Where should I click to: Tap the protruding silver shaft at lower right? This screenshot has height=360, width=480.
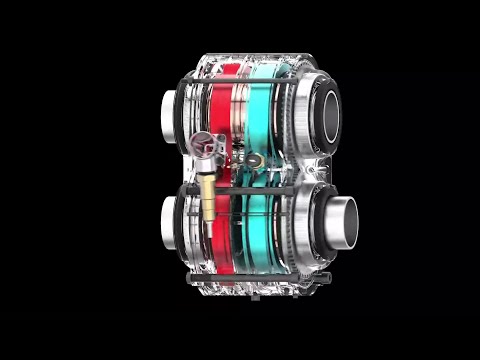[341, 221]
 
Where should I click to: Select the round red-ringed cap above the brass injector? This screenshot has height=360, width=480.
[205, 144]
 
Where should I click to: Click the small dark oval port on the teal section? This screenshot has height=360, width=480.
[258, 159]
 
